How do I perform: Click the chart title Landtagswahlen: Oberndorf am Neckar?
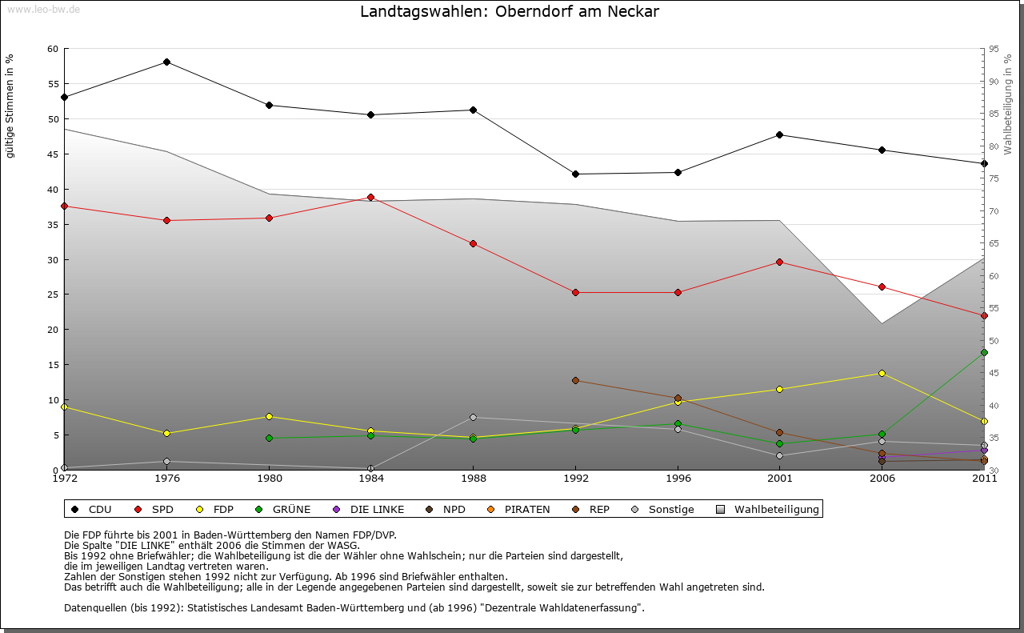click(x=510, y=12)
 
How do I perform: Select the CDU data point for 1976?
click(x=166, y=62)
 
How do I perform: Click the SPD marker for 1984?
click(x=370, y=197)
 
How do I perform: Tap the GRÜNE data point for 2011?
click(x=984, y=352)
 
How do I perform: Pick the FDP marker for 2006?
click(x=882, y=373)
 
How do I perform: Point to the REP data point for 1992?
click(x=575, y=380)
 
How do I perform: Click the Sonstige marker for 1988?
click(x=473, y=417)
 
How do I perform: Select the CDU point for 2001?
click(x=779, y=134)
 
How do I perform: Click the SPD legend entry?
click(x=162, y=509)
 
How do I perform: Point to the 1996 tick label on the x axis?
click(x=678, y=479)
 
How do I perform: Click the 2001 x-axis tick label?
click(x=779, y=479)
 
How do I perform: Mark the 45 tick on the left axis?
click(x=53, y=154)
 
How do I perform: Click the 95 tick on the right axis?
click(x=994, y=49)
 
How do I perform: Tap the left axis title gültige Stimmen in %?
click(x=10, y=106)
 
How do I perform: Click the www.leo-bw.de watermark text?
click(x=42, y=9)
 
